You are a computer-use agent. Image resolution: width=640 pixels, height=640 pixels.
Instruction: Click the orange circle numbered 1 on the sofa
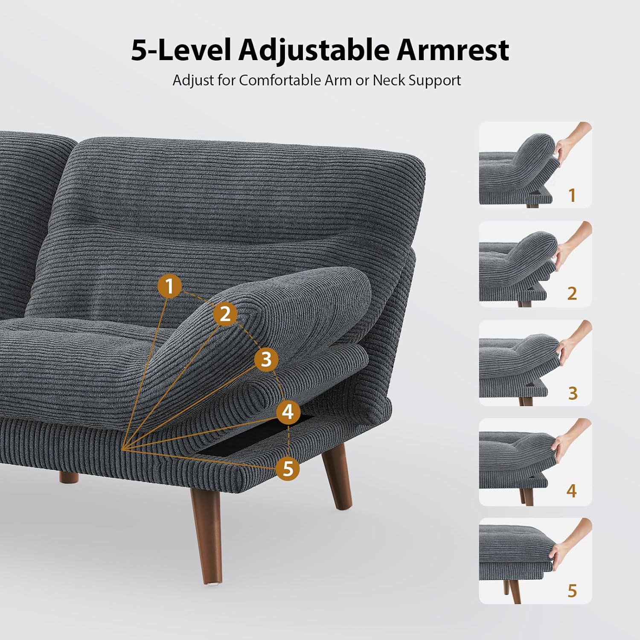pyautogui.click(x=170, y=286)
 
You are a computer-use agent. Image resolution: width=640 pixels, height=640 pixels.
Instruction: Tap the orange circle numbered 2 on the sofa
pyautogui.click(x=225, y=314)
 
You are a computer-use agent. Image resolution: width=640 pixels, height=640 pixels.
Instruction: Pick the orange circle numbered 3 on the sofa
pyautogui.click(x=266, y=359)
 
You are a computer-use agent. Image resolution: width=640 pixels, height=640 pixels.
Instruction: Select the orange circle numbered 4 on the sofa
pyautogui.click(x=288, y=412)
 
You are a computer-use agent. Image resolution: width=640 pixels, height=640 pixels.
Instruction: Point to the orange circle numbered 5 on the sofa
pyautogui.click(x=288, y=468)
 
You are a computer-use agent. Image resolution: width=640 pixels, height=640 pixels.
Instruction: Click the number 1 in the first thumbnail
pyautogui.click(x=572, y=195)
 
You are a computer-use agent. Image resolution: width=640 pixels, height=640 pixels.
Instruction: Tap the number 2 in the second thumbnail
pyautogui.click(x=572, y=294)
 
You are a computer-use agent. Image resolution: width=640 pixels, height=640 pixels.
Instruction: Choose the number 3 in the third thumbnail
pyautogui.click(x=573, y=393)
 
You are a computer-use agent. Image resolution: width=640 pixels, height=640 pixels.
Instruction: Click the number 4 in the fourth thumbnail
pyautogui.click(x=572, y=491)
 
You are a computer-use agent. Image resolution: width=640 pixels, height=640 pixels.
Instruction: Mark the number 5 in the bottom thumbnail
pyautogui.click(x=572, y=591)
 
